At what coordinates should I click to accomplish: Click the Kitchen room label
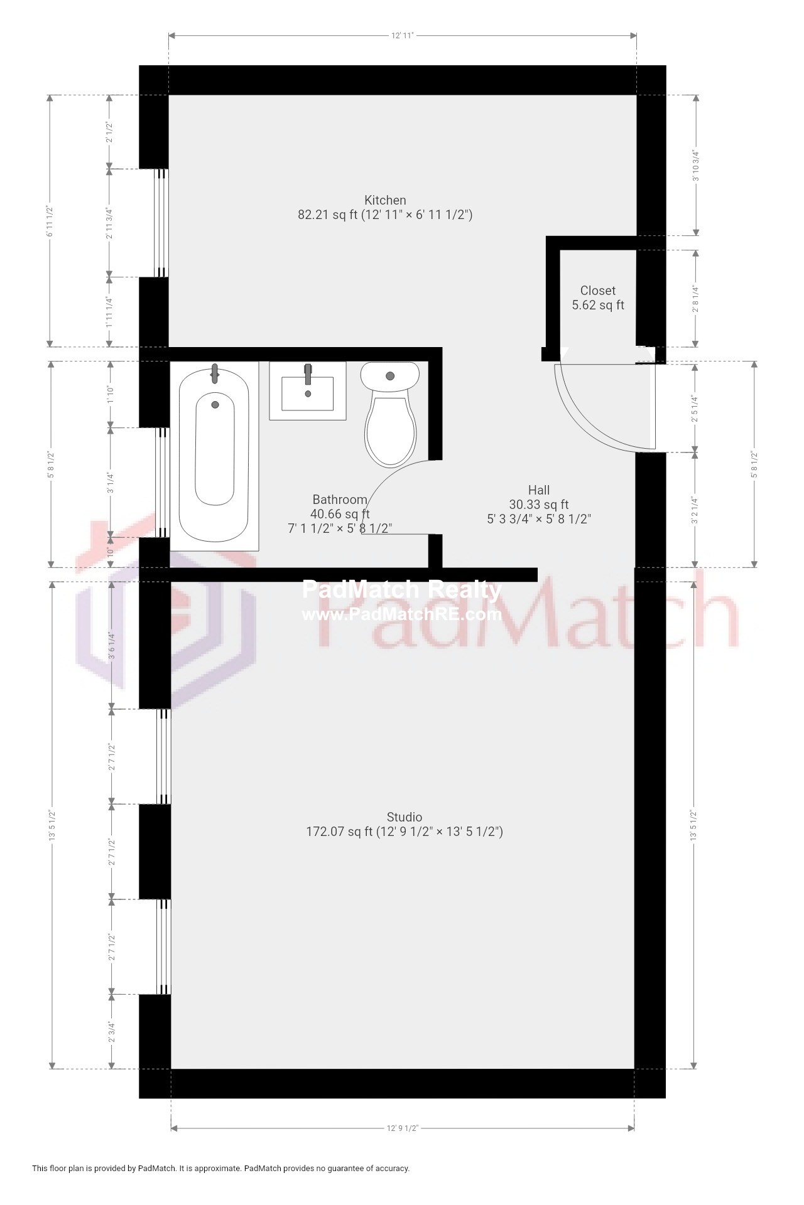click(385, 200)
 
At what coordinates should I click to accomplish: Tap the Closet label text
click(597, 291)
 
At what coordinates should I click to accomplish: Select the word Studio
click(404, 817)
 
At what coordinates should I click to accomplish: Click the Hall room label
click(538, 490)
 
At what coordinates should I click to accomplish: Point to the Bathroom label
click(339, 500)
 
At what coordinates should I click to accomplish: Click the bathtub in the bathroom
click(215, 455)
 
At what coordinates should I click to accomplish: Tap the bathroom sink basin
click(308, 392)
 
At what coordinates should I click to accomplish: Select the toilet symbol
click(390, 414)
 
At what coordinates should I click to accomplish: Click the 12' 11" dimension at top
click(402, 36)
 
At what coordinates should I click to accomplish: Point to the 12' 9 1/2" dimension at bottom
click(402, 1128)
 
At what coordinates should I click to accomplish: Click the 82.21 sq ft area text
click(327, 215)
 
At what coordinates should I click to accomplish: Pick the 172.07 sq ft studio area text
click(339, 832)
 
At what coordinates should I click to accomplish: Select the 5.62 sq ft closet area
click(597, 306)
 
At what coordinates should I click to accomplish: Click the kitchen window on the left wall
click(161, 223)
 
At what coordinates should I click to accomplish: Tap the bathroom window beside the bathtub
click(163, 482)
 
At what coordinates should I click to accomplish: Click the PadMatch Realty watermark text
click(402, 590)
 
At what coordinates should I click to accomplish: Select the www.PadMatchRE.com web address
click(402, 614)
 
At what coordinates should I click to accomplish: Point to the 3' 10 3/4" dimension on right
click(695, 165)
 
